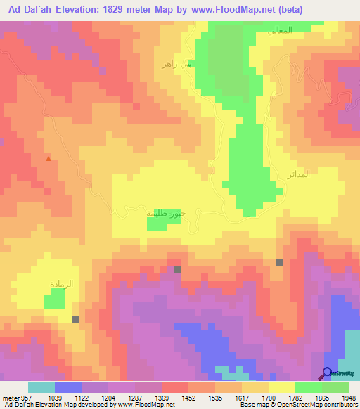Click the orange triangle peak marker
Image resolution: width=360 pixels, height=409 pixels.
point(48,159)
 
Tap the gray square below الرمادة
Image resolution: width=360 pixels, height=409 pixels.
point(75,320)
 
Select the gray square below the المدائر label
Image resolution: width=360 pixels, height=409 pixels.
point(280,263)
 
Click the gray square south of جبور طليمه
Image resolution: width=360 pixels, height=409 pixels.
point(177,270)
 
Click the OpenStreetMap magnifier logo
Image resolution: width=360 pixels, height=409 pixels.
point(328,373)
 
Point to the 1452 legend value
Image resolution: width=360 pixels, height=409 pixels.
point(188,396)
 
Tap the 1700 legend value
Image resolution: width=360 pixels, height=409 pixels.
point(269,396)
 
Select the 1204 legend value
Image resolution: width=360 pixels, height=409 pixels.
point(108,396)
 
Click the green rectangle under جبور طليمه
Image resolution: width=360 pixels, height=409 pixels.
point(163,223)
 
